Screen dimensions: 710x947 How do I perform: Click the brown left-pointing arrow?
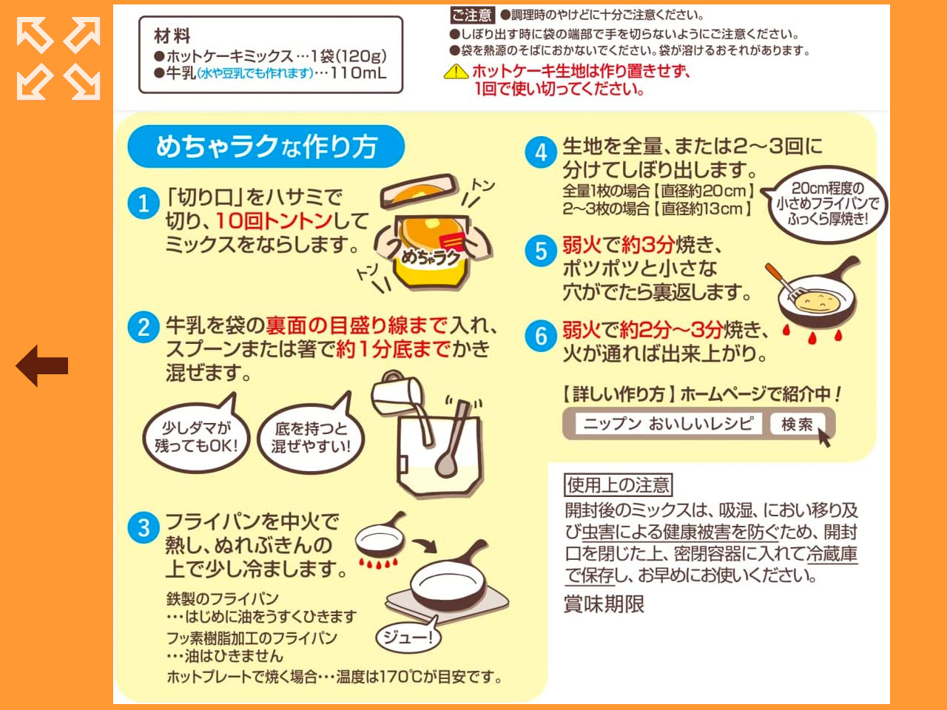click(42, 365)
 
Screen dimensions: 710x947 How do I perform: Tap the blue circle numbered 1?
click(144, 203)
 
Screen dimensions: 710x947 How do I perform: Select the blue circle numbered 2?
click(144, 326)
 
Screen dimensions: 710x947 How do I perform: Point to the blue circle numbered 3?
click(144, 527)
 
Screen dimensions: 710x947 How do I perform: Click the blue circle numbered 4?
click(541, 152)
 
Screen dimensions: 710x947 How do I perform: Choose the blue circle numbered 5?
click(541, 251)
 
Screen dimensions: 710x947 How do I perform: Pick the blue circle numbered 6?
click(541, 336)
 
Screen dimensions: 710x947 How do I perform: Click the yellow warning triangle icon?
click(456, 72)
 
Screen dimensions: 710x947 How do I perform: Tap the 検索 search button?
click(798, 424)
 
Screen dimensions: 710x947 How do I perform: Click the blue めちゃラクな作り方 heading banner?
click(266, 146)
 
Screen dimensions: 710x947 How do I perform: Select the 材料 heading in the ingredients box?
click(172, 35)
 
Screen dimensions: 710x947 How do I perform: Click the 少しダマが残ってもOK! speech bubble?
click(196, 436)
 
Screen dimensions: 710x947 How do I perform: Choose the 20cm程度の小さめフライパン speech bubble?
click(827, 203)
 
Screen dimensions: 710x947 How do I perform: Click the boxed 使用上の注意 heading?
click(618, 485)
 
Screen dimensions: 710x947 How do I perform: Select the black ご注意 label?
click(471, 15)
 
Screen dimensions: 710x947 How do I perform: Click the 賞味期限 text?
click(604, 604)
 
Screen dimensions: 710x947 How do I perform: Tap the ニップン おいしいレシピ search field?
click(667, 424)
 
